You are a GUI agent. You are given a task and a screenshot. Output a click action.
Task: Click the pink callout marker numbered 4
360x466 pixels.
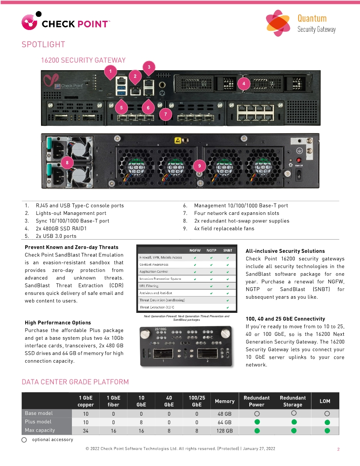[x=244, y=83]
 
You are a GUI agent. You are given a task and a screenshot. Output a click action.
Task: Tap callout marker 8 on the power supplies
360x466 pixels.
[x=67, y=162]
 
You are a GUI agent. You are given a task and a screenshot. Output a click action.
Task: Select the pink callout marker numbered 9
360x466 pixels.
[x=199, y=165]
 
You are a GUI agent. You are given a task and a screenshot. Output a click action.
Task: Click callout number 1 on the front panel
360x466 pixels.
[x=110, y=70]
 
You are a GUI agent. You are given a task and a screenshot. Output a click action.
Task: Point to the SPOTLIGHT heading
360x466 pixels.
[x=43, y=45]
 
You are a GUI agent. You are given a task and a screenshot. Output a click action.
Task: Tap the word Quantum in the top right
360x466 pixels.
[x=312, y=18]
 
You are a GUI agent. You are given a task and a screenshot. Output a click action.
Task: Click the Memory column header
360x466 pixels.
[x=225, y=401]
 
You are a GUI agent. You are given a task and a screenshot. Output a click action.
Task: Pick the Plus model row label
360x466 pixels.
[x=38, y=421]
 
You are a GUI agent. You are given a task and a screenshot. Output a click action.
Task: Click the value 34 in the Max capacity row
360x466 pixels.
[x=86, y=431]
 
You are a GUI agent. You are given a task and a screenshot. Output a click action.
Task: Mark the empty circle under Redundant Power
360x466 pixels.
[x=257, y=413]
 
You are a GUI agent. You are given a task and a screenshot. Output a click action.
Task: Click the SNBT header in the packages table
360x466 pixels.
[x=228, y=250]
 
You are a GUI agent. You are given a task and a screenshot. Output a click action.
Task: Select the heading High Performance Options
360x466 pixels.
[x=58, y=323]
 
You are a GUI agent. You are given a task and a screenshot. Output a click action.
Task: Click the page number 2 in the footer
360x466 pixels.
[x=338, y=449]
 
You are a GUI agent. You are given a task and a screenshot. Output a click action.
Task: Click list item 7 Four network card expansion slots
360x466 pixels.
[x=236, y=213]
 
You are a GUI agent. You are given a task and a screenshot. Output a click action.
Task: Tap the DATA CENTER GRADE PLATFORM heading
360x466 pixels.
[x=75, y=382]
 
